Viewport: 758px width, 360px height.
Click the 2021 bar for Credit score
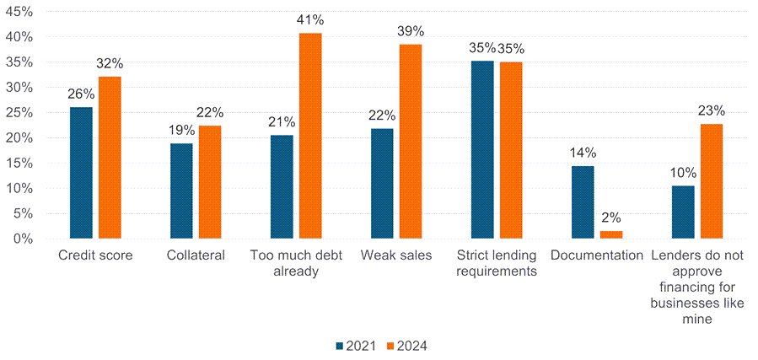click(81, 173)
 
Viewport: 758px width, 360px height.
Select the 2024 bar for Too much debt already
click(310, 136)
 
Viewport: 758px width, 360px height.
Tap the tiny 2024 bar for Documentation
click(611, 234)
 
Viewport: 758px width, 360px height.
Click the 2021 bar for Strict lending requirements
click(482, 150)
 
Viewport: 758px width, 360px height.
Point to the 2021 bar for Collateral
click(181, 191)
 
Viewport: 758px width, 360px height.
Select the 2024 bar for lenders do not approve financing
click(712, 181)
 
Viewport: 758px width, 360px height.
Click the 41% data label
click(310, 19)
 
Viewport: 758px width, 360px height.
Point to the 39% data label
click(411, 31)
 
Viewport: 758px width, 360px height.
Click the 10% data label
click(683, 172)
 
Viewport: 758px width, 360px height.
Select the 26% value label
click(81, 94)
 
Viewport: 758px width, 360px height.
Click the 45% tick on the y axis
click(19, 12)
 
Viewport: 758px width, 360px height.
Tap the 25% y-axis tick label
click(19, 113)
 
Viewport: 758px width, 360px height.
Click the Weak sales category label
click(396, 255)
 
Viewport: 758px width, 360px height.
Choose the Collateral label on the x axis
click(196, 255)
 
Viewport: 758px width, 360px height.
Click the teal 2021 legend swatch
click(340, 346)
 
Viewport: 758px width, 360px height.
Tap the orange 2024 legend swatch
click(390, 346)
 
